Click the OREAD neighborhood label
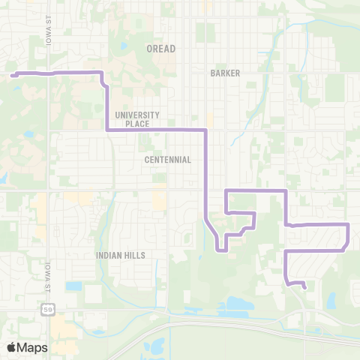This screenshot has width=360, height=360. (160, 49)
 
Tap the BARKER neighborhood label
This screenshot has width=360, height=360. (225, 74)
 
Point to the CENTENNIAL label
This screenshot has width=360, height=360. (169, 160)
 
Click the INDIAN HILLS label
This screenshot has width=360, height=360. (120, 255)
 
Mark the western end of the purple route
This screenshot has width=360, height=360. (12, 74)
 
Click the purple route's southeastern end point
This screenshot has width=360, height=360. (304, 286)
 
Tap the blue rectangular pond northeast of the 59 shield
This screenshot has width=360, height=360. (73, 286)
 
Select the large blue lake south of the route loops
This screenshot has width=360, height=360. (236, 304)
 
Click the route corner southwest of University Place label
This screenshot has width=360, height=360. (108, 130)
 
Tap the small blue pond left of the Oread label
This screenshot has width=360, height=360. (124, 47)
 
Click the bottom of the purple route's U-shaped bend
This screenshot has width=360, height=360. (221, 251)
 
